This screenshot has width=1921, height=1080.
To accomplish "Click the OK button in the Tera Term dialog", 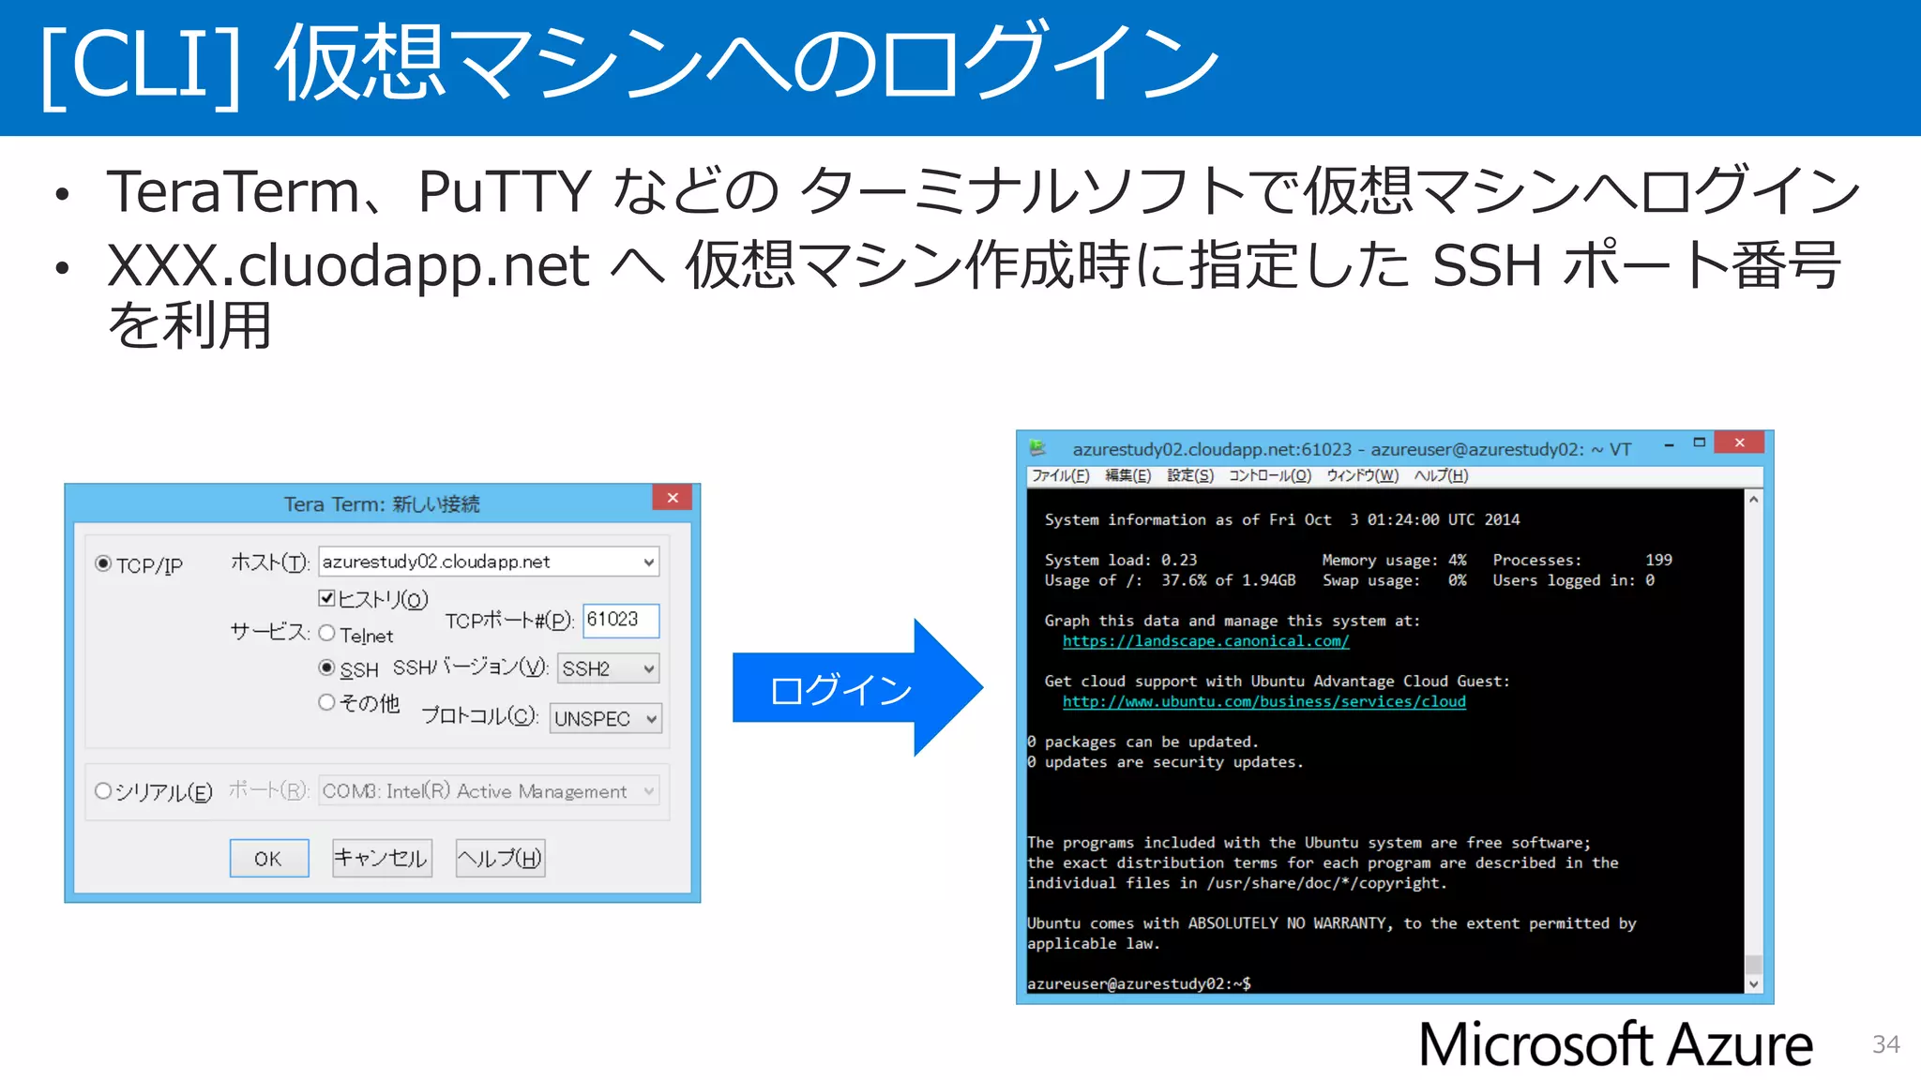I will [x=268, y=858].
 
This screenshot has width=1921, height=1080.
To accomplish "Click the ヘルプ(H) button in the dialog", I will [x=500, y=858].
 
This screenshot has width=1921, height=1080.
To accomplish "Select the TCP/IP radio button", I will [x=103, y=563].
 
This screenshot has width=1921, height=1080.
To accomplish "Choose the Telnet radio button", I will [x=326, y=633].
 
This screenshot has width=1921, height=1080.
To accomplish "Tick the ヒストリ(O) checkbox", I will [x=326, y=597].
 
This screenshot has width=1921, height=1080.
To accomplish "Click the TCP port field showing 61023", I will [x=620, y=620].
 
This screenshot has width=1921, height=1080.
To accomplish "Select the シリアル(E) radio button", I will [x=103, y=791].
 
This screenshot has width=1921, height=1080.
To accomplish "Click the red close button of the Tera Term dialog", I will [x=673, y=498].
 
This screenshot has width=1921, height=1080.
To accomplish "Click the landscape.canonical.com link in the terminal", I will [x=1205, y=641].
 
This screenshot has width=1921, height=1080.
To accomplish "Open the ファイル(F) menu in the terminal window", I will [x=1060, y=475].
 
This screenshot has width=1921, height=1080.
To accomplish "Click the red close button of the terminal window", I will [x=1739, y=442].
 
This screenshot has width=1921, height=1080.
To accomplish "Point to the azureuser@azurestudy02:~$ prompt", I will [x=1139, y=983].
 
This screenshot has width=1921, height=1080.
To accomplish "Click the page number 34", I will [x=1885, y=1044].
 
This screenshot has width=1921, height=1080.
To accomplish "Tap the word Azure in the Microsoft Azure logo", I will [x=1740, y=1044].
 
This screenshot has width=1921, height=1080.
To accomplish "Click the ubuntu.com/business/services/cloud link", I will [x=1263, y=701].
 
